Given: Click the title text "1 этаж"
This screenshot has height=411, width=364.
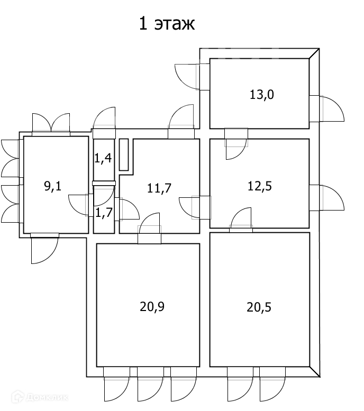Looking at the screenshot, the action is tap(167, 24).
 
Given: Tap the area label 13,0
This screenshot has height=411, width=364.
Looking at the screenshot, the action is tap(262, 95).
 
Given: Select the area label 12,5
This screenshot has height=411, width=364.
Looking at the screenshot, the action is tap(260, 186).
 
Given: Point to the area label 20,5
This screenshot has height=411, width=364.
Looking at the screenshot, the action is tap(259, 307).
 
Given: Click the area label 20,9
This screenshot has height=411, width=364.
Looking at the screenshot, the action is tap(152, 307).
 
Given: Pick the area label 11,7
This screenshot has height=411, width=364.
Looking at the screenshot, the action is tap(159, 188).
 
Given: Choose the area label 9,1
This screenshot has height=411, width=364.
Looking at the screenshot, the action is tap(53, 186).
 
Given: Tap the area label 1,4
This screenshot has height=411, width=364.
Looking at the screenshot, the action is tap(103, 158).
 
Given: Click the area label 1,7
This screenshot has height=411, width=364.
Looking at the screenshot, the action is tap(104, 213).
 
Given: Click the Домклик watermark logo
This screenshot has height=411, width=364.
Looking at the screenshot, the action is tap(40, 397).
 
